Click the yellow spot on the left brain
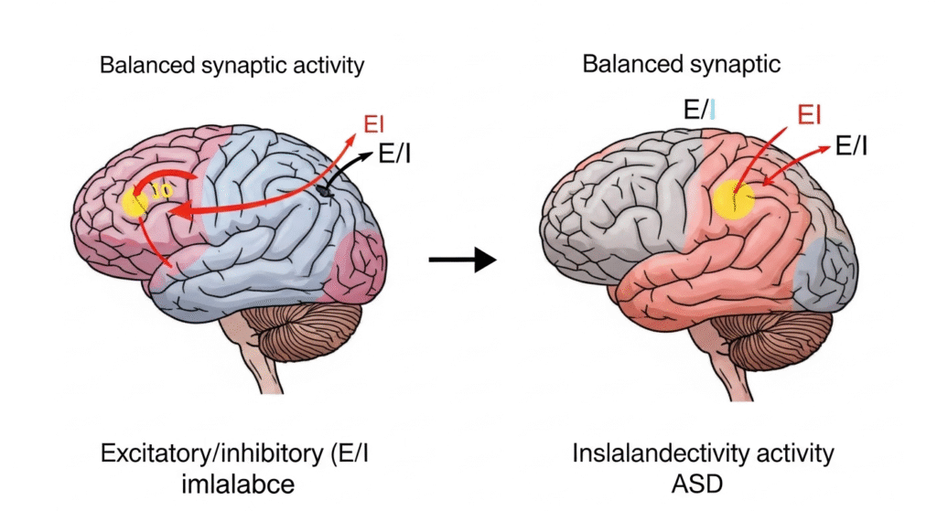coord(135,202)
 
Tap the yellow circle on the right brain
coord(732,200)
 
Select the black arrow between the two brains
coord(462,261)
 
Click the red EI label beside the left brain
coord(375,123)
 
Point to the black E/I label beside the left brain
coord(394,154)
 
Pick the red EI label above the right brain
coord(808,115)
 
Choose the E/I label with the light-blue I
coord(699,111)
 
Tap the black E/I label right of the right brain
coord(852,144)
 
